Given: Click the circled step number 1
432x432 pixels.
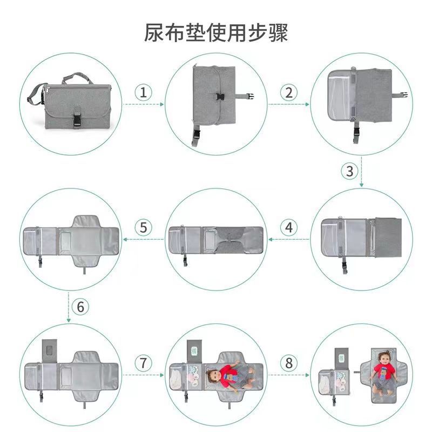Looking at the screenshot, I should click(x=143, y=92).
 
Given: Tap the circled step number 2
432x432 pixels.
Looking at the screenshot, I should click(x=288, y=92).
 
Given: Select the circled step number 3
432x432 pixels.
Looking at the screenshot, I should click(x=349, y=171).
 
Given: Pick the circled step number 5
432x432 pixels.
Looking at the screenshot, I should click(x=143, y=227).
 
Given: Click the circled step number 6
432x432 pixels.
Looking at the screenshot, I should click(x=80, y=307).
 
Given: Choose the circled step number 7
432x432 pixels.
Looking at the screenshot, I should click(x=143, y=363).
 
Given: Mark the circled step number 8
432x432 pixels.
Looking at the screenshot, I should click(x=288, y=363).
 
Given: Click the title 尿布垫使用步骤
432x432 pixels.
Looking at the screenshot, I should click(x=216, y=32).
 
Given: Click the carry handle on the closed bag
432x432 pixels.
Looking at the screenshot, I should click(x=75, y=76).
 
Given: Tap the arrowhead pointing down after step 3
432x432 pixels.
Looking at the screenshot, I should click(x=361, y=185).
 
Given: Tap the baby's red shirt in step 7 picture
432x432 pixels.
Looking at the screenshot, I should click(x=227, y=372).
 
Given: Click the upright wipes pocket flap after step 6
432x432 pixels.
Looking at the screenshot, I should click(x=49, y=351).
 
